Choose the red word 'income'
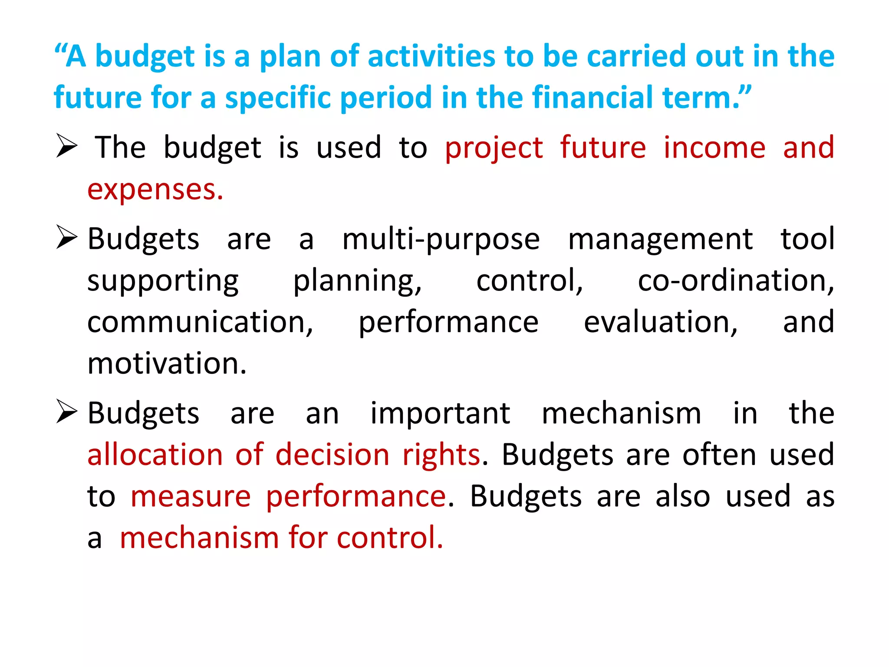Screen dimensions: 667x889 pyautogui.click(x=714, y=148)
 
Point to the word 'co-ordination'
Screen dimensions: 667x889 pyautogui.click(x=735, y=281)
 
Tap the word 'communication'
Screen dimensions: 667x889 pyautogui.click(x=200, y=322)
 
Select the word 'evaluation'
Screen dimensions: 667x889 pyautogui.click(x=660, y=322)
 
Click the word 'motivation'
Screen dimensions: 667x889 pyautogui.click(x=167, y=363)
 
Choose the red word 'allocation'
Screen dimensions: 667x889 pyautogui.click(x=155, y=455)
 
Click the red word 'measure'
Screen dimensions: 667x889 pyautogui.click(x=191, y=496)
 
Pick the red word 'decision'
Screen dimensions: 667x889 pyautogui.click(x=333, y=455)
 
